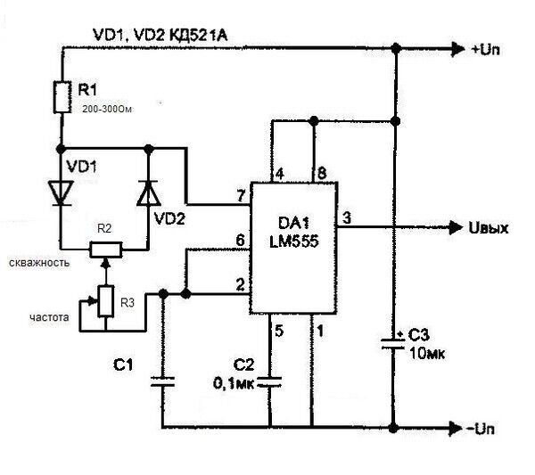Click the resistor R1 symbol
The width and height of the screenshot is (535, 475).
(x=62, y=97)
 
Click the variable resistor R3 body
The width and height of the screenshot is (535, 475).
(x=105, y=300)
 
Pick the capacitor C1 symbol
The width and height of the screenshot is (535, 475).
(x=162, y=383)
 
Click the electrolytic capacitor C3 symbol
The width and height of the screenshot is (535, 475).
(x=393, y=342)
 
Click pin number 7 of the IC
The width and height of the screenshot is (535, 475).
(x=240, y=195)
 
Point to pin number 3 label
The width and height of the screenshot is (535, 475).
(x=346, y=217)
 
